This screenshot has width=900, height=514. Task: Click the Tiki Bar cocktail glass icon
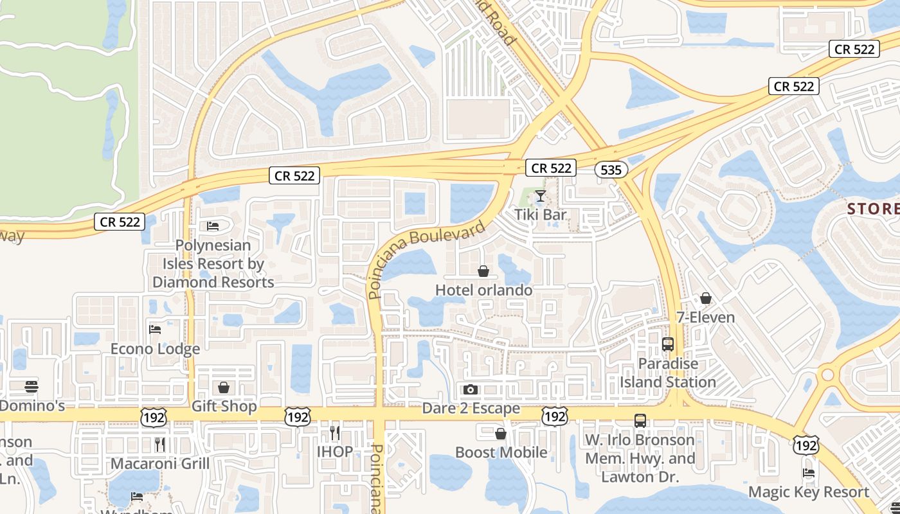coord(540,195)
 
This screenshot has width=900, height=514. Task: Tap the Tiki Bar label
coord(541,215)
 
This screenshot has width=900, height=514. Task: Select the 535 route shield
coord(611,170)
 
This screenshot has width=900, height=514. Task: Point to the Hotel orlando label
coord(483,290)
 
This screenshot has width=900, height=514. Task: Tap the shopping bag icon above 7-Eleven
coord(705,298)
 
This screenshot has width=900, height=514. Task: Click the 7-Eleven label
coord(705,317)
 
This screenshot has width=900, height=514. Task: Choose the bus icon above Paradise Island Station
coord(667,344)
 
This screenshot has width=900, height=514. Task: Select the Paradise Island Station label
coord(667,373)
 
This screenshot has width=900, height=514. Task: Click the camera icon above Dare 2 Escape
coord(471,389)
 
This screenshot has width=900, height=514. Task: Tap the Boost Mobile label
coord(501,452)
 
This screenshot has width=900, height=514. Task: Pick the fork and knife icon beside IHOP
coord(334,432)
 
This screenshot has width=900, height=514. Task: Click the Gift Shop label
coord(224,407)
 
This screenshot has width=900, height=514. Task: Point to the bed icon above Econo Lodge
coord(155,330)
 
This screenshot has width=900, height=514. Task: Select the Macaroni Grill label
coord(160,463)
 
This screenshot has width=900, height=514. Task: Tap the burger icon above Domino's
coord(31,387)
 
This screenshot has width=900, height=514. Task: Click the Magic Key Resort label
coord(808,492)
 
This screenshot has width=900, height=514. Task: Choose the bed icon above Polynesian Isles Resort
coord(213,226)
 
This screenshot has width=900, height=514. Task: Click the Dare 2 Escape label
coord(471,409)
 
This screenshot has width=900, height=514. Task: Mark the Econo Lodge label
coord(155,349)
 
